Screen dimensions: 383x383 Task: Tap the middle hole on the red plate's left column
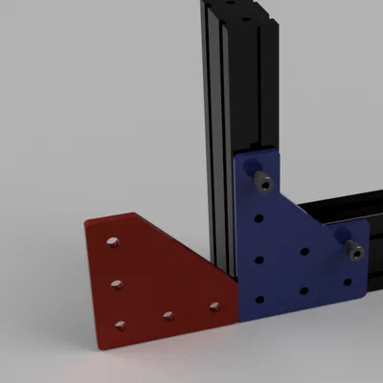116,284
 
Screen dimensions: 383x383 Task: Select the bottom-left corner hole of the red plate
120,326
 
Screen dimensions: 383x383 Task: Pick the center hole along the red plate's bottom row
168,315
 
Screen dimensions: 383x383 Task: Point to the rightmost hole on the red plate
214,307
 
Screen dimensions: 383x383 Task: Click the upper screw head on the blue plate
260,180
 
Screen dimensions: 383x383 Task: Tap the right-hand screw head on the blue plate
355,251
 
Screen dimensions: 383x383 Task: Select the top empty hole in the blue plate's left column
259,219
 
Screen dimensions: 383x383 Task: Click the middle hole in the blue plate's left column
259,258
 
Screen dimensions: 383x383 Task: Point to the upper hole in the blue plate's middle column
304,253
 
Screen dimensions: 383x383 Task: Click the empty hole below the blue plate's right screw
348,284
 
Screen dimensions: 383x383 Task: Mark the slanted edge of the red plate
182,244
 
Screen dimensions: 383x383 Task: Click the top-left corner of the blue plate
237,156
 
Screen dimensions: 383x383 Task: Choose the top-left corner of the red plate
85,222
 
